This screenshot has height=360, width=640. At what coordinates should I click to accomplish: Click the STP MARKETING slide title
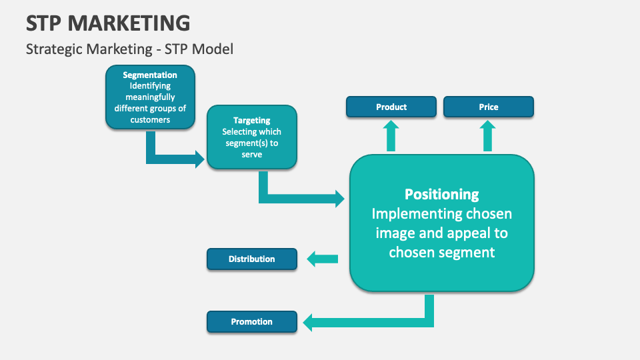tap(108, 23)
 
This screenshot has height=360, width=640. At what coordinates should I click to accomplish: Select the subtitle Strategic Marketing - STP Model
tap(129, 49)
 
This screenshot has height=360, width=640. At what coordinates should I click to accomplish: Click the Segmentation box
tap(150, 97)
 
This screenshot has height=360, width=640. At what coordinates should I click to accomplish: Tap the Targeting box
tap(251, 137)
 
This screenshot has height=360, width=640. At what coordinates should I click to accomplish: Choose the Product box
tap(391, 107)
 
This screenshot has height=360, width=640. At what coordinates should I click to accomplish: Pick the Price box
tap(488, 107)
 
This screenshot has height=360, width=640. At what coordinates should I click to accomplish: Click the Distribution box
tap(251, 259)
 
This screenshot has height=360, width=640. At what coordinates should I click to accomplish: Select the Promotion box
tap(251, 321)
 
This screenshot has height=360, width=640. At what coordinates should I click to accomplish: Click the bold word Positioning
tap(441, 194)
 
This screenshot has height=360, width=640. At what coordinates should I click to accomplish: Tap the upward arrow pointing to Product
tap(391, 136)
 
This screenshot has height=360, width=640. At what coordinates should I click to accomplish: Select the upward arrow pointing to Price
tap(488, 136)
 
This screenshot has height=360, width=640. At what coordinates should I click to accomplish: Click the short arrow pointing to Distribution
tap(322, 259)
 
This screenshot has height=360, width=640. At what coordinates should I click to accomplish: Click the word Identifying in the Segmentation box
tap(150, 86)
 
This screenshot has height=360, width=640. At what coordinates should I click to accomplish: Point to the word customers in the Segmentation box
tap(150, 120)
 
